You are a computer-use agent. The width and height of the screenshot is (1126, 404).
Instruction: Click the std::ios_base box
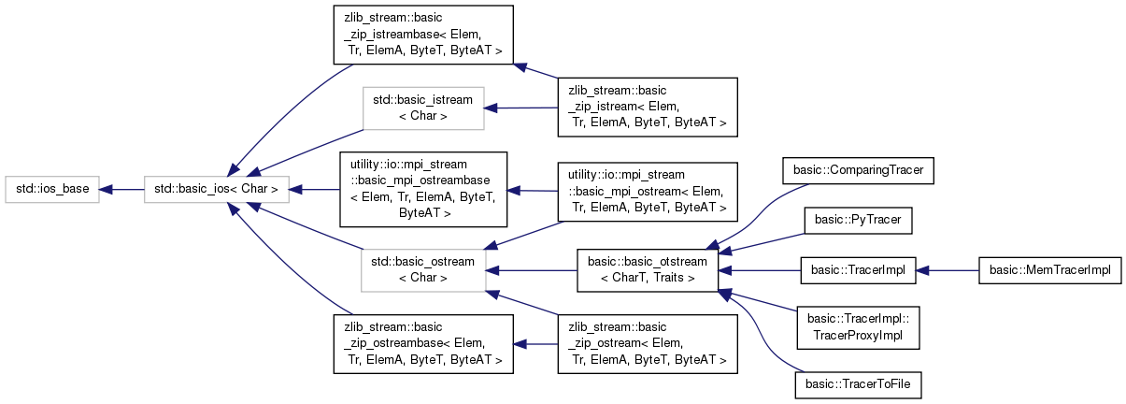coord(51,190)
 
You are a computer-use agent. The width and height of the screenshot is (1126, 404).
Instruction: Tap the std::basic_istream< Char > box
coord(422,108)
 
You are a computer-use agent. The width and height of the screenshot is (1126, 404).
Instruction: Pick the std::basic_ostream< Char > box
coord(422,269)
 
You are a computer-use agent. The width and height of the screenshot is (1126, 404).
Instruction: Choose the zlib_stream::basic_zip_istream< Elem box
coord(647,108)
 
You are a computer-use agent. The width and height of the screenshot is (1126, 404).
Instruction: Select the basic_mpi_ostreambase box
coord(422,189)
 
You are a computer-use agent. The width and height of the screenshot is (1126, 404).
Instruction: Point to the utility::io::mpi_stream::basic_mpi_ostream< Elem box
coord(647,190)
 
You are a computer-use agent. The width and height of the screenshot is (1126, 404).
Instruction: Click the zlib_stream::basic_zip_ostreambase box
coord(422,343)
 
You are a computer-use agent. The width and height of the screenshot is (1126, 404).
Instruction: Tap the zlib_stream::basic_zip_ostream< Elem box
coord(647,343)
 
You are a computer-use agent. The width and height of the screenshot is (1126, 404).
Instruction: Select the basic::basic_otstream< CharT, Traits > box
coord(648,269)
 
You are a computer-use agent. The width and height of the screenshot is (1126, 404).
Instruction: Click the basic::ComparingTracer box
coord(857,170)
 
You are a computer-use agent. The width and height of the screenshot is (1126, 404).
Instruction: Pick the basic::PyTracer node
coord(857,220)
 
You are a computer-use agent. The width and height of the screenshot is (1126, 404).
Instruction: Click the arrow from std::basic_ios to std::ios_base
coord(121,190)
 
